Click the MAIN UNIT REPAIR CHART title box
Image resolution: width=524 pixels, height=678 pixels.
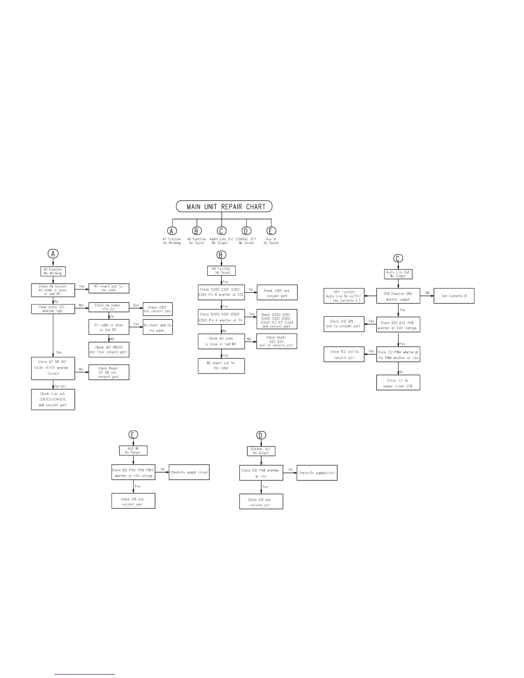[x=224, y=207]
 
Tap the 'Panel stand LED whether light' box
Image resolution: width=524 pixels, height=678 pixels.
[x=53, y=309]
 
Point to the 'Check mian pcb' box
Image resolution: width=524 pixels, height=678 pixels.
[x=53, y=399]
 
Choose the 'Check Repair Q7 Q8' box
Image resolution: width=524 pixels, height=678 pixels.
[x=108, y=372]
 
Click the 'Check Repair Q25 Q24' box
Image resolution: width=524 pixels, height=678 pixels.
[x=277, y=341]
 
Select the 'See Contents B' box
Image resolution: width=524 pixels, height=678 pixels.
[x=454, y=296]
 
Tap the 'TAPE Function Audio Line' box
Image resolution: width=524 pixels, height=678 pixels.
[x=343, y=296]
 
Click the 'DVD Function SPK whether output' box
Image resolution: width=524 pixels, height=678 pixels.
[x=399, y=296]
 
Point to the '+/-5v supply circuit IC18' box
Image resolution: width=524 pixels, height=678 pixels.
[x=398, y=383]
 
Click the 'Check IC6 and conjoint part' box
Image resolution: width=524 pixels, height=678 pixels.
[x=133, y=501]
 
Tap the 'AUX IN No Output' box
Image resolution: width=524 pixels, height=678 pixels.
[x=133, y=450]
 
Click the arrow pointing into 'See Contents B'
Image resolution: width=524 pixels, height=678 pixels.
[x=430, y=296]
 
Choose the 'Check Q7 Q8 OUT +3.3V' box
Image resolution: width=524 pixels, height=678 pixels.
[x=53, y=368]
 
